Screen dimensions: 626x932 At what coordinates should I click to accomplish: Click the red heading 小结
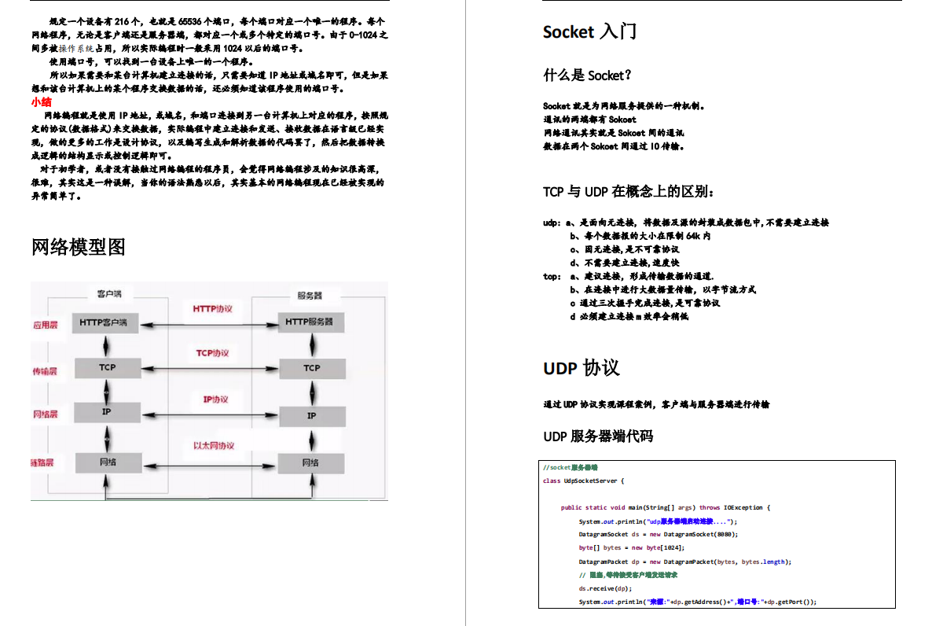tap(42, 102)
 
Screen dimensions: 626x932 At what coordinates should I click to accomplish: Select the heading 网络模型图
tap(79, 247)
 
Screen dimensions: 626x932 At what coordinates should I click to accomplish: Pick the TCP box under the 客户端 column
tap(107, 367)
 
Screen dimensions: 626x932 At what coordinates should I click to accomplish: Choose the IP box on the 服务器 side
tap(311, 415)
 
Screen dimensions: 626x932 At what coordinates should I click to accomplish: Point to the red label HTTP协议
tap(213, 309)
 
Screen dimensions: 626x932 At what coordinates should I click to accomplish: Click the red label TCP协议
tap(212, 354)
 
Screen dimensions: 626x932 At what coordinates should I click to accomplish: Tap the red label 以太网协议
tap(214, 446)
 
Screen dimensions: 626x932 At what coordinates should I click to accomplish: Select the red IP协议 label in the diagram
tap(215, 400)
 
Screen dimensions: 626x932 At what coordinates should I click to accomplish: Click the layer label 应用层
tap(45, 325)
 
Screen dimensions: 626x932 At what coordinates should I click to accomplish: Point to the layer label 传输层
tap(45, 371)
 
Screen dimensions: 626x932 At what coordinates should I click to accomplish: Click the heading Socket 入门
tap(589, 32)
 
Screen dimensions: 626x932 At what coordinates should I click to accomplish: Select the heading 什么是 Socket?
tap(588, 75)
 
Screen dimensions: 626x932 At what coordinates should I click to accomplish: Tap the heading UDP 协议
tap(581, 368)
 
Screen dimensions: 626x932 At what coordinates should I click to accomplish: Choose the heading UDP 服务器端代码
tap(598, 436)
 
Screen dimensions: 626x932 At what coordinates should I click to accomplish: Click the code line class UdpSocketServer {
tap(584, 481)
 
